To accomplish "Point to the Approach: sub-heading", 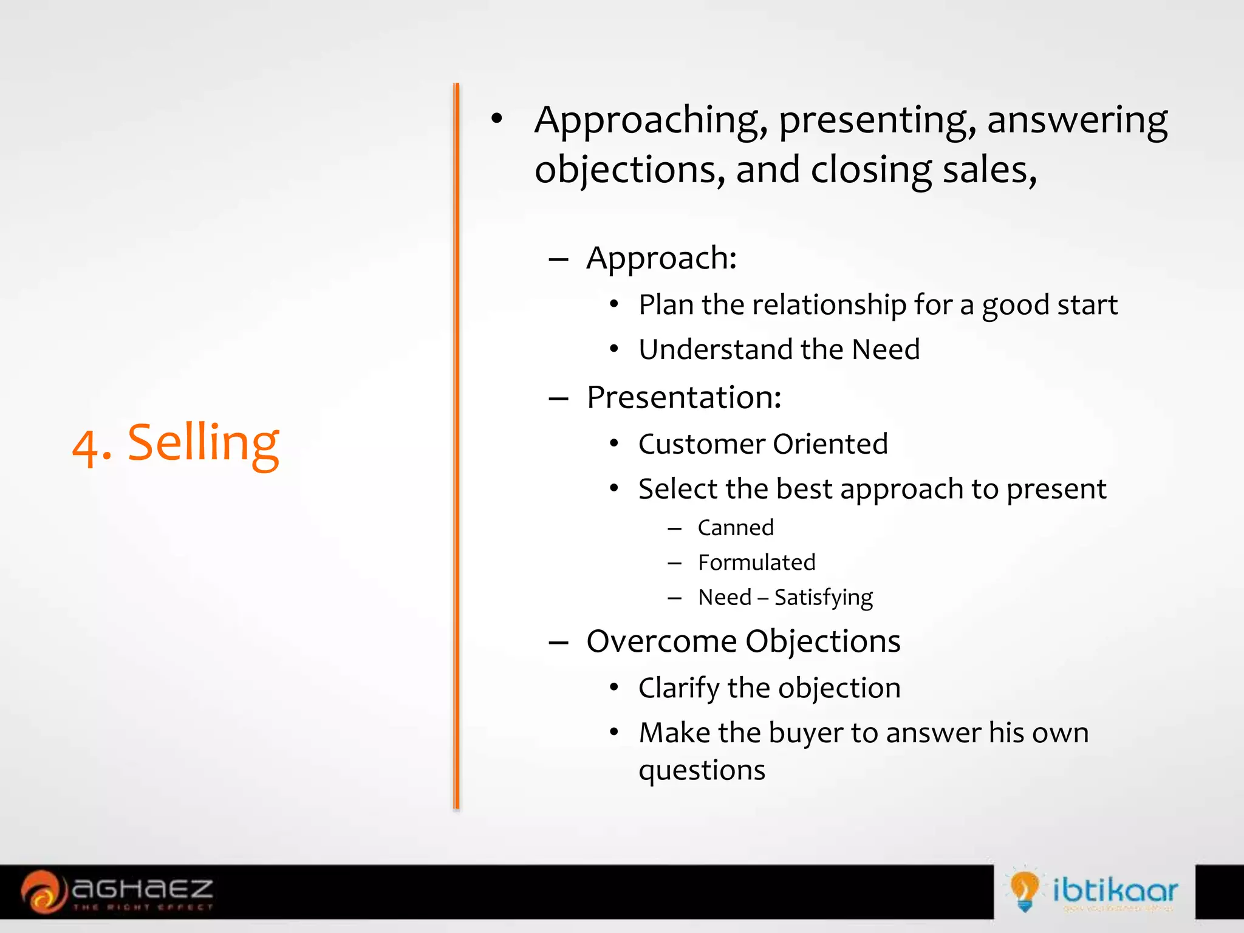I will [661, 258].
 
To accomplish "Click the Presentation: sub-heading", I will [684, 398].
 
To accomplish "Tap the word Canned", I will [736, 528].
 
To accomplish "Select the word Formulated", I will [756, 562].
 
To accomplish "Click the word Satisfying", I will [823, 598].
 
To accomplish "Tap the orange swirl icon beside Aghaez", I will [43, 891].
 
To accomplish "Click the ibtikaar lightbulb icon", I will [1024, 890].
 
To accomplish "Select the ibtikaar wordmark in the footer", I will [1115, 890].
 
